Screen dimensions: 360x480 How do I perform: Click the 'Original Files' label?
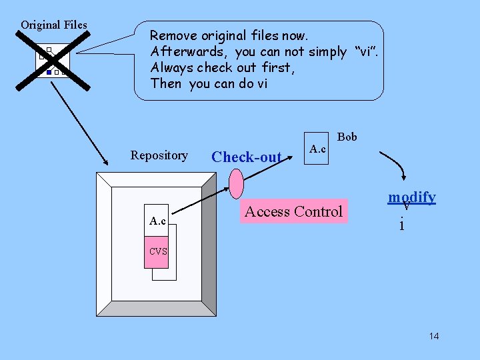pyautogui.click(x=53, y=25)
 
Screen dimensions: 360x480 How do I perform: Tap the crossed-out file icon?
pyautogui.click(x=53, y=60)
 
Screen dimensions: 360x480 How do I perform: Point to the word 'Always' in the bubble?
pyautogui.click(x=171, y=67)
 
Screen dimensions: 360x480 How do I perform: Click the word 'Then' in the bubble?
pyautogui.click(x=166, y=83)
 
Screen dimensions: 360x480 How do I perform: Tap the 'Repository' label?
pyautogui.click(x=159, y=155)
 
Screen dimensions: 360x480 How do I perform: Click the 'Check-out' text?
pyautogui.click(x=247, y=157)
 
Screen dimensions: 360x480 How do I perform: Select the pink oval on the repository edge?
pyautogui.click(x=237, y=181)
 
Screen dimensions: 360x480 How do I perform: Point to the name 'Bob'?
pyautogui.click(x=347, y=137)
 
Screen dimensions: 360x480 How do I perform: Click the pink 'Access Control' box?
pyautogui.click(x=294, y=212)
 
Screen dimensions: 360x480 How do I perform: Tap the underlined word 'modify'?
pyautogui.click(x=412, y=197)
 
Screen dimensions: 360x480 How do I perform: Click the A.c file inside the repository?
pyautogui.click(x=158, y=221)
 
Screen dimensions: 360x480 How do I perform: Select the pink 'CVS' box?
pyautogui.click(x=158, y=251)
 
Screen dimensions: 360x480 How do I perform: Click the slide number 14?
pyautogui.click(x=434, y=336)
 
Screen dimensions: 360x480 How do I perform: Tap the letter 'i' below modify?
pyautogui.click(x=401, y=225)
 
